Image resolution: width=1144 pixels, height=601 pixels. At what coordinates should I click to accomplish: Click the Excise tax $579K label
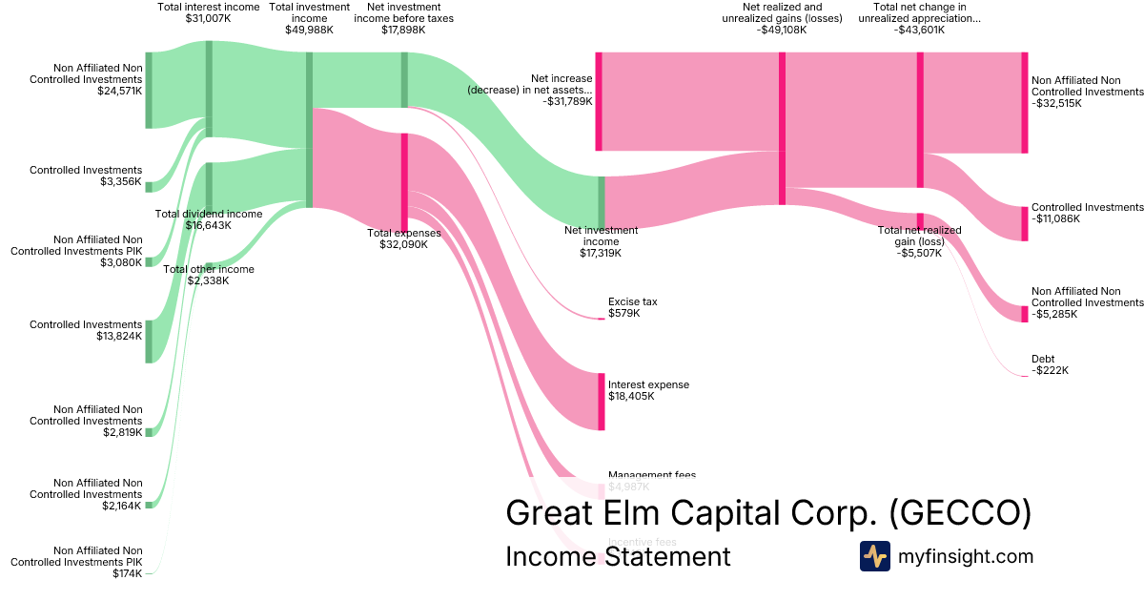click(x=632, y=307)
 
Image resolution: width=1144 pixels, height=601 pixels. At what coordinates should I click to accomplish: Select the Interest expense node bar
click(x=602, y=401)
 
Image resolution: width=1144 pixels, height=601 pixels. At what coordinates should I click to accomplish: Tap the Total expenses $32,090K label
click(x=403, y=238)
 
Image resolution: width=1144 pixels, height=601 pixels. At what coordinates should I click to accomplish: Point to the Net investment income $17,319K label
click(x=601, y=241)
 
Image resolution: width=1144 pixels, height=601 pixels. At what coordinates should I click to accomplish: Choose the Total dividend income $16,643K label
click(x=209, y=220)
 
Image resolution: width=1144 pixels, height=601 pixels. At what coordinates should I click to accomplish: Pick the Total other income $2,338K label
click(x=209, y=275)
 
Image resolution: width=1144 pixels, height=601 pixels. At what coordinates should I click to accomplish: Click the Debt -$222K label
click(x=1050, y=364)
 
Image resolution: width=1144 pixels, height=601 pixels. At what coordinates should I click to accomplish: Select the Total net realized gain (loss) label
click(x=919, y=241)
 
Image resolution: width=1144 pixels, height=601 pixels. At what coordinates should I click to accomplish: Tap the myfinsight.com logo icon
click(x=874, y=556)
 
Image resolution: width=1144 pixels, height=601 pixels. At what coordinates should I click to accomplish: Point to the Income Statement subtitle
click(x=618, y=556)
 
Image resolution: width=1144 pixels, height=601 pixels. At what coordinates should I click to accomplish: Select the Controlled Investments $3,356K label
click(x=86, y=176)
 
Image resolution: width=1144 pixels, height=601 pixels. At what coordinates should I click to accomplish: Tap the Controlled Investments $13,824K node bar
click(x=149, y=342)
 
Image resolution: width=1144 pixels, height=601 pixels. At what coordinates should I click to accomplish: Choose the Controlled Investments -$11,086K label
click(x=1087, y=213)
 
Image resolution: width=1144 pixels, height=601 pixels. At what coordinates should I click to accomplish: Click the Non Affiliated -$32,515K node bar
click(x=1025, y=102)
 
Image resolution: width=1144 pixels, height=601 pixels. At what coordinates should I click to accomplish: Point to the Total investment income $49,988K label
click(x=309, y=18)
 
